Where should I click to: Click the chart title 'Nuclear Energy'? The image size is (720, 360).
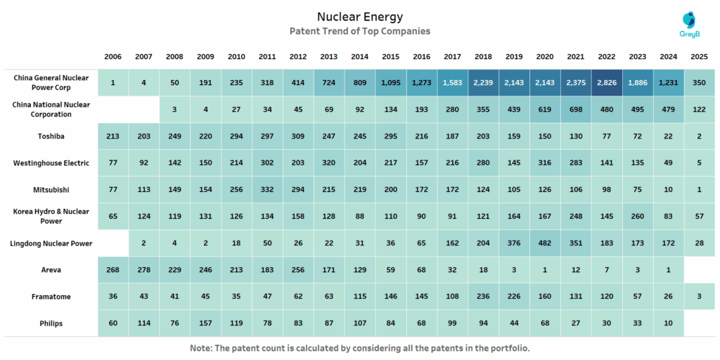point(360,16)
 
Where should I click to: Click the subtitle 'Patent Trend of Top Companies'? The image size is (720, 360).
point(360,31)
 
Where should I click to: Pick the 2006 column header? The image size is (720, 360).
point(112,56)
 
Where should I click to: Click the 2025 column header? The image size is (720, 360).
point(699,56)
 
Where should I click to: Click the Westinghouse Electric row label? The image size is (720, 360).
point(51,163)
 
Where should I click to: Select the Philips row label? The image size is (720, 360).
point(51,323)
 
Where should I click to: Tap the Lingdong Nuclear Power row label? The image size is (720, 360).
point(51,243)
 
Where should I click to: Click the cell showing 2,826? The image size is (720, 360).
point(606,83)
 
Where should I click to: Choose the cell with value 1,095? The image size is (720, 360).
point(390,83)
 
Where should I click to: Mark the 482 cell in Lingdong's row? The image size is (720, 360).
point(544,243)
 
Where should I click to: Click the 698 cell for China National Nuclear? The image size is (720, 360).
point(575,110)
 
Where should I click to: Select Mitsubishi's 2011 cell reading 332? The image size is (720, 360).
point(267,190)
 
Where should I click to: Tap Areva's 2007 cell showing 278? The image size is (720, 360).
point(143,270)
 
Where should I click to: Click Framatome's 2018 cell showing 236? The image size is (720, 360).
point(483,297)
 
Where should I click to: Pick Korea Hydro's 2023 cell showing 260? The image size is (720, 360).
point(637,217)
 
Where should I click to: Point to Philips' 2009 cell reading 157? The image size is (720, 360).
point(205,323)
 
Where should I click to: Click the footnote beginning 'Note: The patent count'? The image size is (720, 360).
point(359,348)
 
